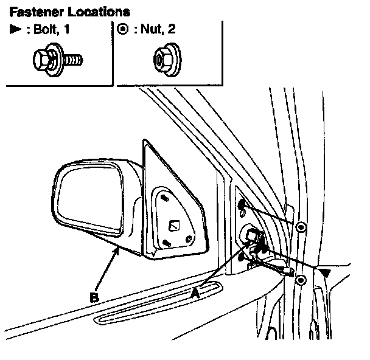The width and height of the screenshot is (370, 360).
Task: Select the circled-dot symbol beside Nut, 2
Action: pyautogui.click(x=122, y=29)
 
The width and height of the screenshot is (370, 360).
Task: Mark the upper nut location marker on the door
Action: pyautogui.click(x=301, y=227)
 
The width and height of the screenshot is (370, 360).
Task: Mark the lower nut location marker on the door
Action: pyautogui.click(x=301, y=280)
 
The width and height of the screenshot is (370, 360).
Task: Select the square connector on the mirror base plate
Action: pyautogui.click(x=174, y=226)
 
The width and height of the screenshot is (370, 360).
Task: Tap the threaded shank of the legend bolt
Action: pyautogui.click(x=73, y=60)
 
